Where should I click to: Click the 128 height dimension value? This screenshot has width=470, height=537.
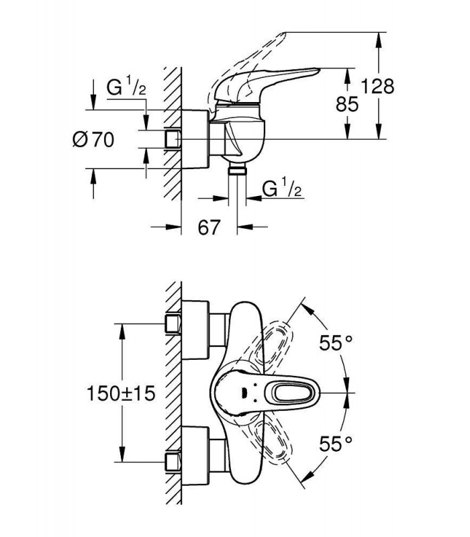(x=378, y=87)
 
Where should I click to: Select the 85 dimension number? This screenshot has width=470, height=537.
(x=347, y=104)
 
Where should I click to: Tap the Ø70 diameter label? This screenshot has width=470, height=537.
(x=93, y=140)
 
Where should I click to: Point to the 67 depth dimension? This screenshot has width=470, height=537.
(x=209, y=227)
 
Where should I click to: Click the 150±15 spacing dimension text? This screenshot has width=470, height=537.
(x=122, y=393)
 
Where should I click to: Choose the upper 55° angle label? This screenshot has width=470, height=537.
(x=336, y=343)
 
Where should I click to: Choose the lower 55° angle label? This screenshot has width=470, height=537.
(x=336, y=444)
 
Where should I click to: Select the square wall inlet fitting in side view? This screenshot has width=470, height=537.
(x=172, y=139)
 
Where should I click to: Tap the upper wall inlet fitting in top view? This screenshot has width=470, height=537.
(x=173, y=324)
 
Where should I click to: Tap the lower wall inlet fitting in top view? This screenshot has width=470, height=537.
(x=173, y=462)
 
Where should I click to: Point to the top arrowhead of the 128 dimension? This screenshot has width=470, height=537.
(x=378, y=38)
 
